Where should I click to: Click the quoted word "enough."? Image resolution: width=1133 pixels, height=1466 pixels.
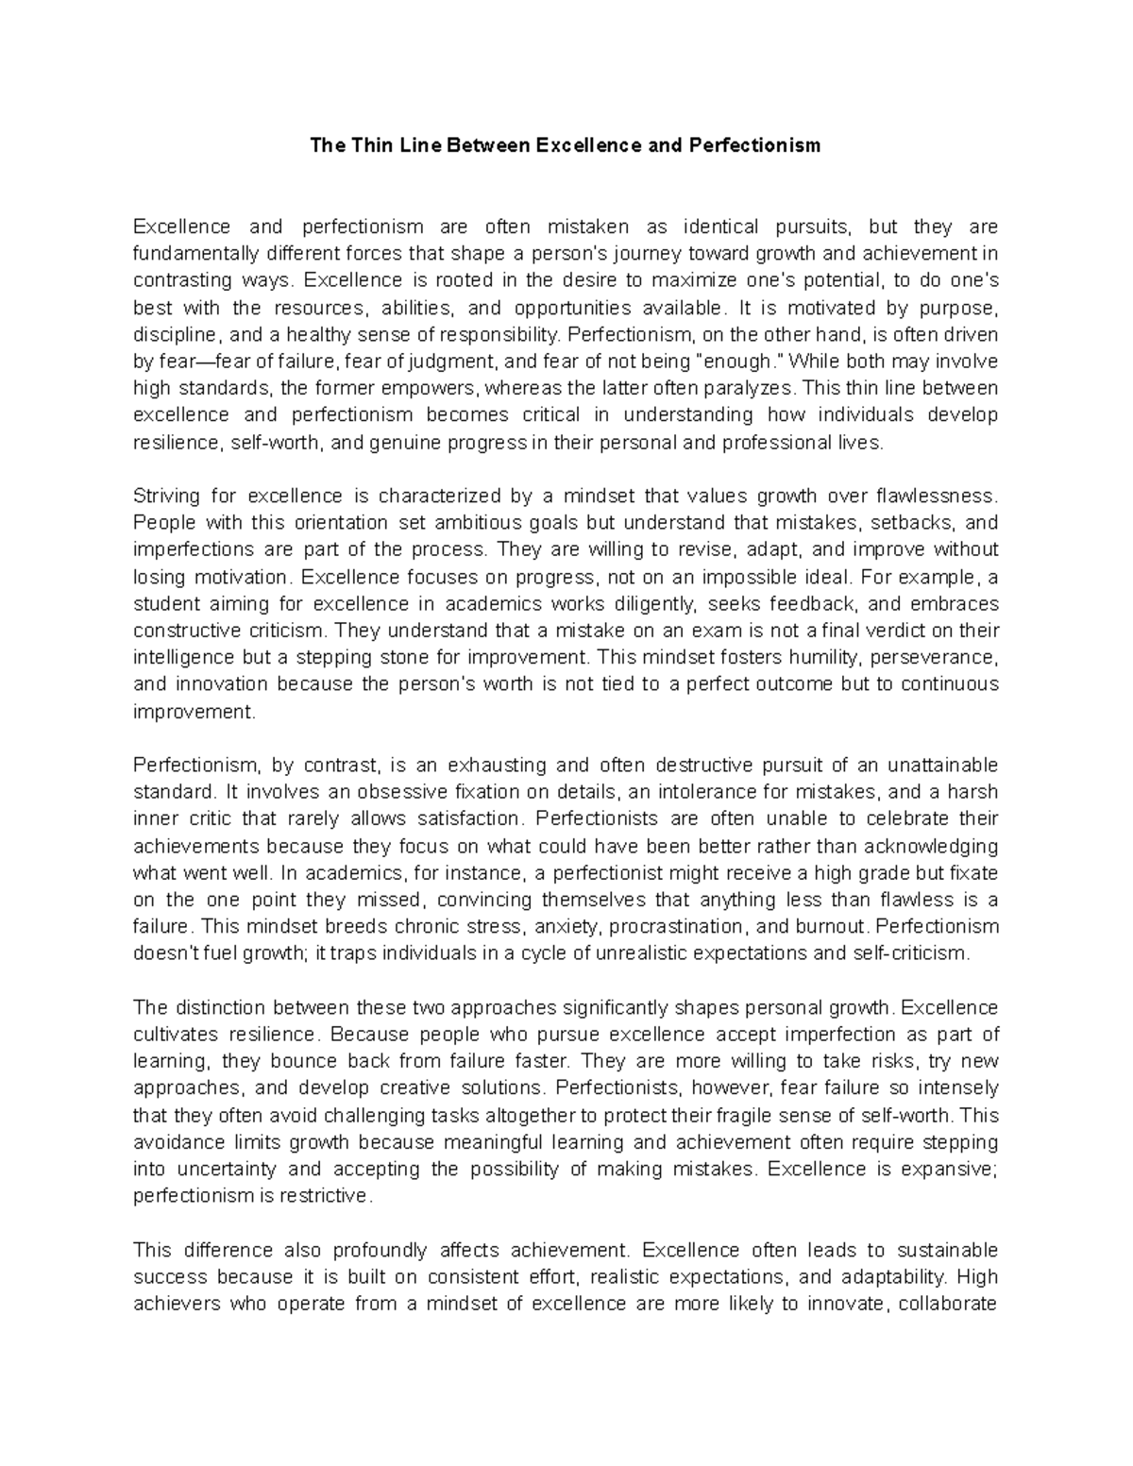pos(747,362)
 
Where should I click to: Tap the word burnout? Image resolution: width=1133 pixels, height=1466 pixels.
pos(832,926)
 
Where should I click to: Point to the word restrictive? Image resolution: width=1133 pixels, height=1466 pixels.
pos(326,1196)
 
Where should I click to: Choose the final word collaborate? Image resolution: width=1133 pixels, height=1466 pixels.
pos(947,1305)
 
